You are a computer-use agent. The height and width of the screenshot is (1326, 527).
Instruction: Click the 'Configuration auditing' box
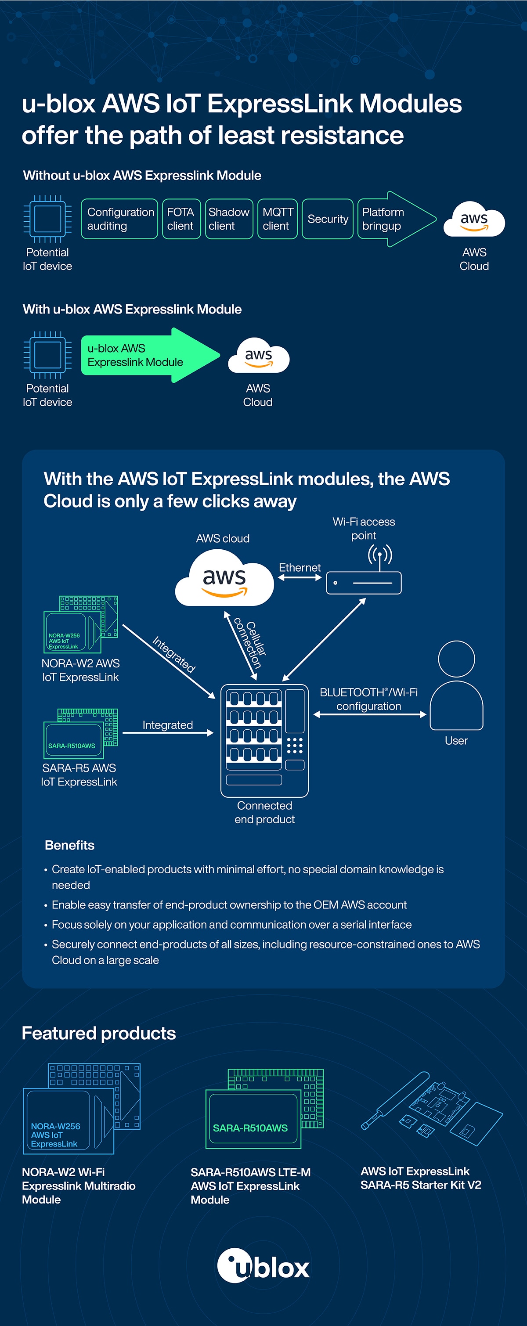tap(119, 219)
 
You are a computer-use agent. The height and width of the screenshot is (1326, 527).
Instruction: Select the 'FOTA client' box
tap(181, 219)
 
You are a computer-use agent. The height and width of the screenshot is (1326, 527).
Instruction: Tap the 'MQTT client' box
tap(278, 219)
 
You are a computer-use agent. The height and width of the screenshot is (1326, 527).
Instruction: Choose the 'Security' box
tap(327, 219)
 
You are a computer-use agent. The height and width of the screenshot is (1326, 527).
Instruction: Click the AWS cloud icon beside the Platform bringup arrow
tap(474, 220)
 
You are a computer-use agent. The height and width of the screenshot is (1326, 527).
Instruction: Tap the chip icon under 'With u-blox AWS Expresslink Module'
tap(47, 355)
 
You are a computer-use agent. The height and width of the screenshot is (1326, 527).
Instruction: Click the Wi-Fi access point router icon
tap(364, 582)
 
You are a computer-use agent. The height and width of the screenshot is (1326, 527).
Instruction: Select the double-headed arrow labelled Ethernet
tap(300, 577)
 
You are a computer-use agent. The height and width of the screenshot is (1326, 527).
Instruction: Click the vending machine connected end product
tap(264, 740)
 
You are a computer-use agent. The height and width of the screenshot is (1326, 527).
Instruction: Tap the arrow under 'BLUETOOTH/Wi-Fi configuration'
tap(369, 714)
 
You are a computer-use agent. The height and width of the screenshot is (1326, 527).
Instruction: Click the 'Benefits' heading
tap(69, 845)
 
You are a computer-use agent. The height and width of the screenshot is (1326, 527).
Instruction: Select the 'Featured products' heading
tap(99, 1033)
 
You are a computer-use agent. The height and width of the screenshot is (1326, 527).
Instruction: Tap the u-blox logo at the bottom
tap(263, 1266)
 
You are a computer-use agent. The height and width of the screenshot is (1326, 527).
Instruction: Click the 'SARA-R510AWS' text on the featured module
tap(250, 1128)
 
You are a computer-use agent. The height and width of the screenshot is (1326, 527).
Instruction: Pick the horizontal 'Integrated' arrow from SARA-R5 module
tap(168, 732)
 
